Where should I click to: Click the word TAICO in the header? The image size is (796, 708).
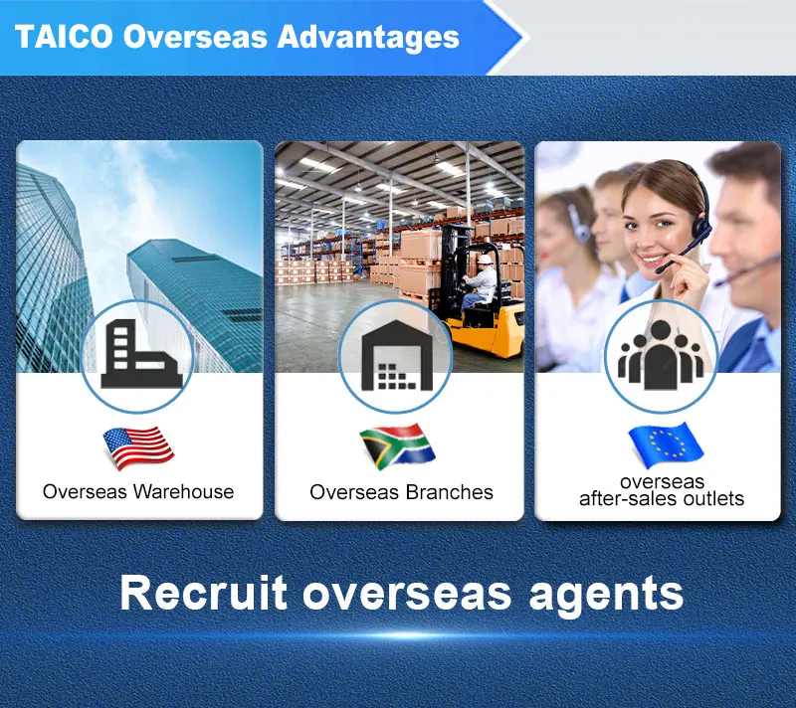click(x=64, y=37)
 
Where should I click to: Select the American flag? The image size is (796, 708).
click(x=138, y=447)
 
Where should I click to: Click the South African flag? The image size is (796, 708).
click(x=397, y=445)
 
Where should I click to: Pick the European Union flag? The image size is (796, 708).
click(x=666, y=444)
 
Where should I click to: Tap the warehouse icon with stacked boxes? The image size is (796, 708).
click(x=397, y=355)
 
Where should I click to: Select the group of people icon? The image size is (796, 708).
click(x=661, y=355)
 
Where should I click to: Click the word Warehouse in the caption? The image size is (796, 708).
click(x=183, y=491)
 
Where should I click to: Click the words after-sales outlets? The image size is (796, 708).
click(x=662, y=498)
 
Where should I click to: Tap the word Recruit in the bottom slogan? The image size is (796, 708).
click(x=204, y=593)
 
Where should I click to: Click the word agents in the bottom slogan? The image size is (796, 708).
click(x=606, y=596)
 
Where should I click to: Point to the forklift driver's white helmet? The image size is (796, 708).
click(x=486, y=260)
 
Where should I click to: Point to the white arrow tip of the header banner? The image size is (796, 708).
click(x=527, y=37)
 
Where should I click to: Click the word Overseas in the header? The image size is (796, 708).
click(x=195, y=37)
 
